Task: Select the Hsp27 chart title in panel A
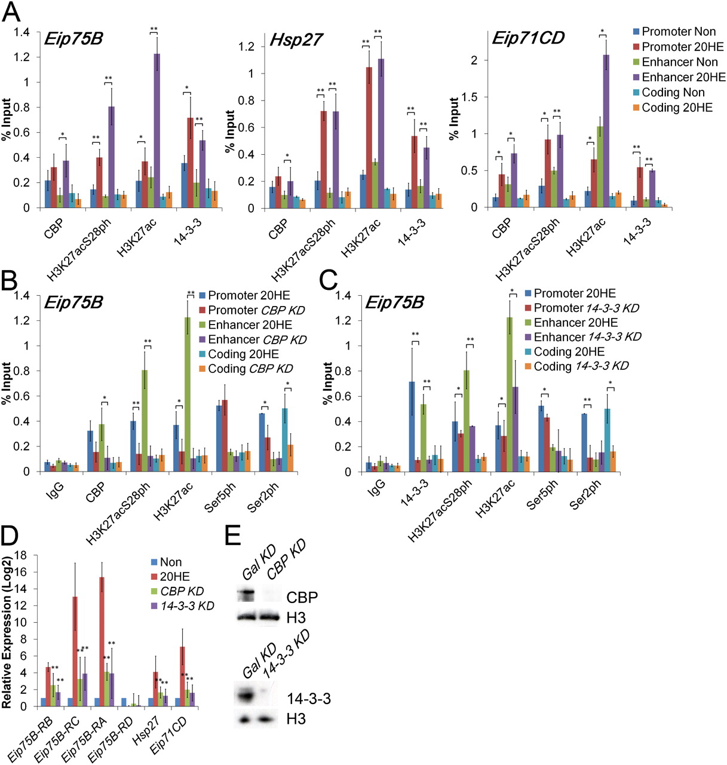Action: pyautogui.click(x=296, y=40)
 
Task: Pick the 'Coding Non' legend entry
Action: pyautogui.click(x=673, y=93)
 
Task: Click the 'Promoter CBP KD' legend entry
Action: pyautogui.click(x=256, y=310)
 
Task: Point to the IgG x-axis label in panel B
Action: pyautogui.click(x=55, y=490)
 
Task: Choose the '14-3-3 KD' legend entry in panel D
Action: pyautogui.click(x=187, y=606)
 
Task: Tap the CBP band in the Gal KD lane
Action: pyautogui.click(x=246, y=595)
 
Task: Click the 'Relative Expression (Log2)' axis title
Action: pyautogui.click(x=7, y=630)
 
